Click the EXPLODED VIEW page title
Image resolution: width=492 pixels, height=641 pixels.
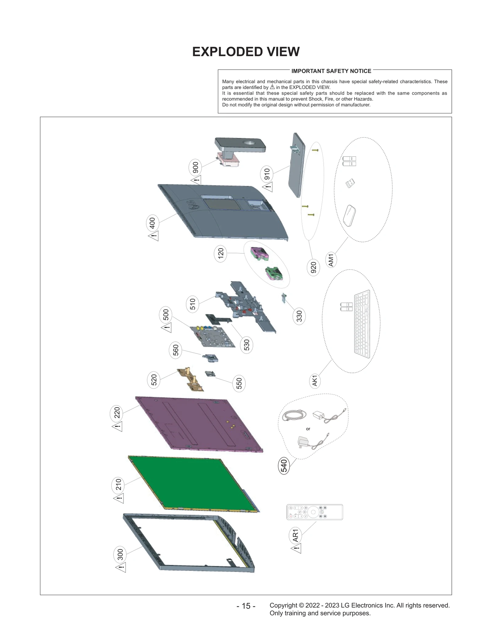246,52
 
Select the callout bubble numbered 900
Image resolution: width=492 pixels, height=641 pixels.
195,168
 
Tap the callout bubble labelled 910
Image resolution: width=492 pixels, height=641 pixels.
267,174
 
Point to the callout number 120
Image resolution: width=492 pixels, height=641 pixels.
220,254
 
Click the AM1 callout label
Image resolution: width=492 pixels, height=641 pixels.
331,260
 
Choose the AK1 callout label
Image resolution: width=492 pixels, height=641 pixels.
315,381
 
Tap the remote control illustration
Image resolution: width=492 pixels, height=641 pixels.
315,512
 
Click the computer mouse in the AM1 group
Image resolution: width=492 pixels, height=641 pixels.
349,215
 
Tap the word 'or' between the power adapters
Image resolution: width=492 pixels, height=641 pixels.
308,429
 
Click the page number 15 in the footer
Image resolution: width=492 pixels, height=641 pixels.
246,606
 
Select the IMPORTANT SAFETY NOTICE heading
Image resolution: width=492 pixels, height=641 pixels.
331,71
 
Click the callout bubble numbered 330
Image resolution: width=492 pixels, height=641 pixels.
299,317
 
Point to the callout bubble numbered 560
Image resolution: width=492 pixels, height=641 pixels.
176,350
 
